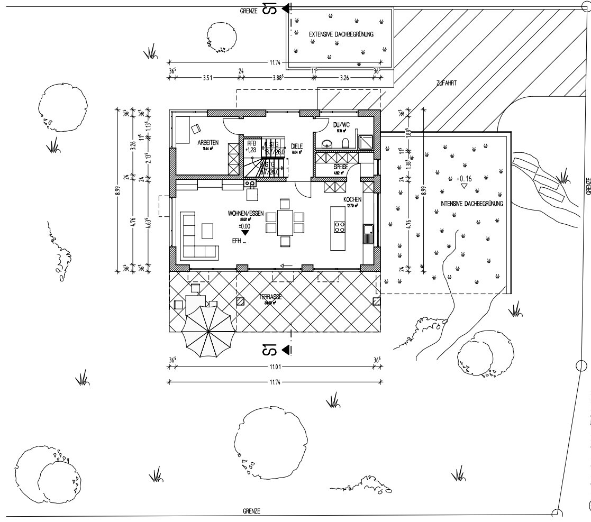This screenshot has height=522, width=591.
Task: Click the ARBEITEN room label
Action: pos(208,143)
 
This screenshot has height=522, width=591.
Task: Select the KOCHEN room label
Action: pos(352,199)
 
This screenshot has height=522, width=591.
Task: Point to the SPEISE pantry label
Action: pos(340,166)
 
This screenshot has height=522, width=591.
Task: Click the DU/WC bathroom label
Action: pos(339,125)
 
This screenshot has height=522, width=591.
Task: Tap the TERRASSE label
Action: pos(270,297)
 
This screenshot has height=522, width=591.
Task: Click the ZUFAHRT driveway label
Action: pos(447,83)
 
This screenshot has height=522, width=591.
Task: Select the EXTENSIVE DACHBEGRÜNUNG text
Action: pos(341,34)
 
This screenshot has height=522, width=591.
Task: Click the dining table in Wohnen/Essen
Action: pos(285,222)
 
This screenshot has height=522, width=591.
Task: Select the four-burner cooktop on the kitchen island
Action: pos(339,227)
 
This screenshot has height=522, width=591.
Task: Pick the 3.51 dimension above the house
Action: pos(207,77)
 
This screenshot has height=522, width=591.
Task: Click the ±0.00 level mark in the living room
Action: pos(244,225)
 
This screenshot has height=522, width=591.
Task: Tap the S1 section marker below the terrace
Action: pos(270,350)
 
